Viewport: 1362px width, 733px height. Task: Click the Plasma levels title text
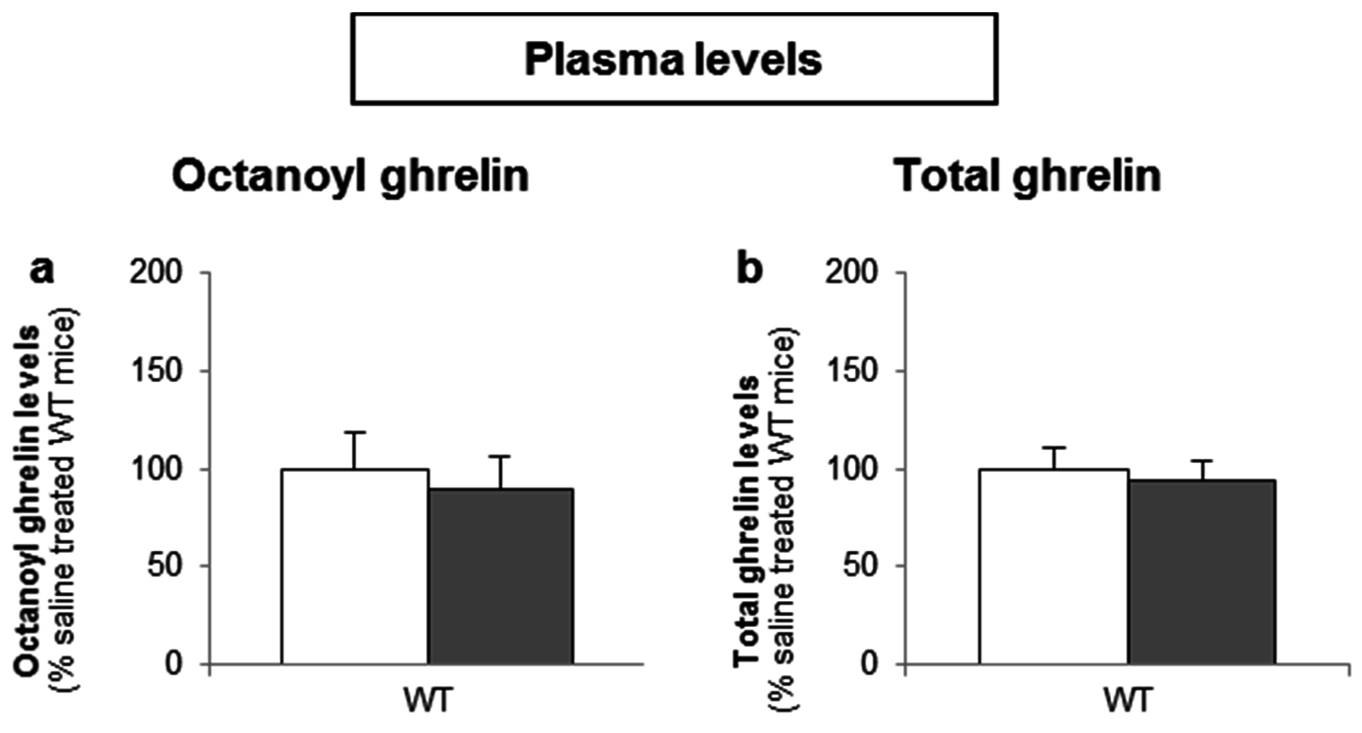pos(673,60)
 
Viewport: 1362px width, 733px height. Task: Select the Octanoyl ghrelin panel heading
pos(351,177)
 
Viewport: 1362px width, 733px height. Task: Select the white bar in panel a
pos(354,566)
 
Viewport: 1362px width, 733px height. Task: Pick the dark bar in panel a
pos(500,577)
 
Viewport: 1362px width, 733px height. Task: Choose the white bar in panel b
pos(1054,566)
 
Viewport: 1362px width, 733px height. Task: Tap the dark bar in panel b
pos(1202,571)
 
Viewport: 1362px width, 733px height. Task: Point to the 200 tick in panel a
pos(156,274)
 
